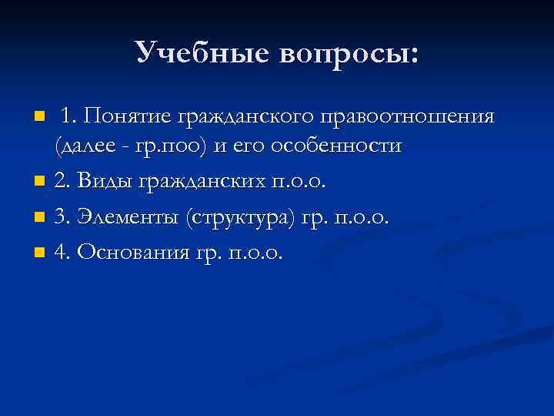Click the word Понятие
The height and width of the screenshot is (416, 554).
click(x=128, y=116)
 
